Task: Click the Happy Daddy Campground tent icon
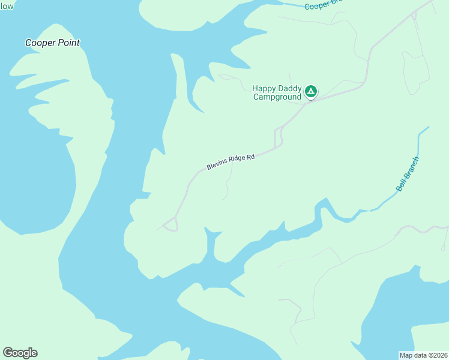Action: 310,91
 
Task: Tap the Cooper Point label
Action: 52,43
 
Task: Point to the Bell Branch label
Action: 408,174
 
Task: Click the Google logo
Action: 20,353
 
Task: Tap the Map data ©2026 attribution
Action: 423,355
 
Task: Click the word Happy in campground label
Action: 264,88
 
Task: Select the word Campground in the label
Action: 277,97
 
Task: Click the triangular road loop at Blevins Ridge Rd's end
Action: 170,224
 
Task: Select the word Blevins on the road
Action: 216,165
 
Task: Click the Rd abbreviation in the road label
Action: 250,157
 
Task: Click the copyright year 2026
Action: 439,355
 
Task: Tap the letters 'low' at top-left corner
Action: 7,5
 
